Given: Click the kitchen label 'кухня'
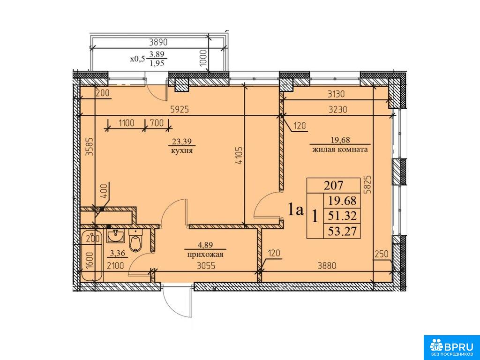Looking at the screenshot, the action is pyautogui.click(x=182, y=151).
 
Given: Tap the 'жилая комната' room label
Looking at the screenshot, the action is pyautogui.click(x=340, y=150).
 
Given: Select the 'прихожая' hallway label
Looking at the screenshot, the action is pyautogui.click(x=205, y=255).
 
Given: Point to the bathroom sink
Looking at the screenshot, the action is pyautogui.click(x=115, y=236).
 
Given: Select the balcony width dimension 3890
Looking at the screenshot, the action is pyautogui.click(x=159, y=42).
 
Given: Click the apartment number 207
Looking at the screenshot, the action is pyautogui.click(x=334, y=185).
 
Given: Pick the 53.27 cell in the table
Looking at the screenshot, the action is pyautogui.click(x=342, y=231).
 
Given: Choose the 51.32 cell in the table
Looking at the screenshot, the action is pyautogui.click(x=342, y=216).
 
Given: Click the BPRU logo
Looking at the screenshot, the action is pyautogui.click(x=451, y=347).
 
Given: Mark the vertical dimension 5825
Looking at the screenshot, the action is pyautogui.click(x=369, y=183).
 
